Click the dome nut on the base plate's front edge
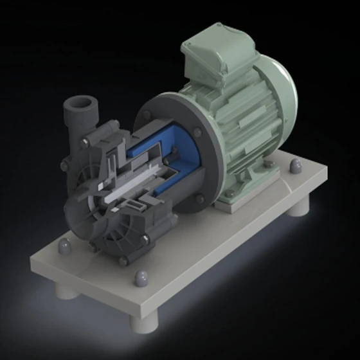[x=139, y=278]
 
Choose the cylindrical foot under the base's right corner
[x=300, y=207]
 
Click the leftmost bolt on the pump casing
[x=63, y=166]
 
